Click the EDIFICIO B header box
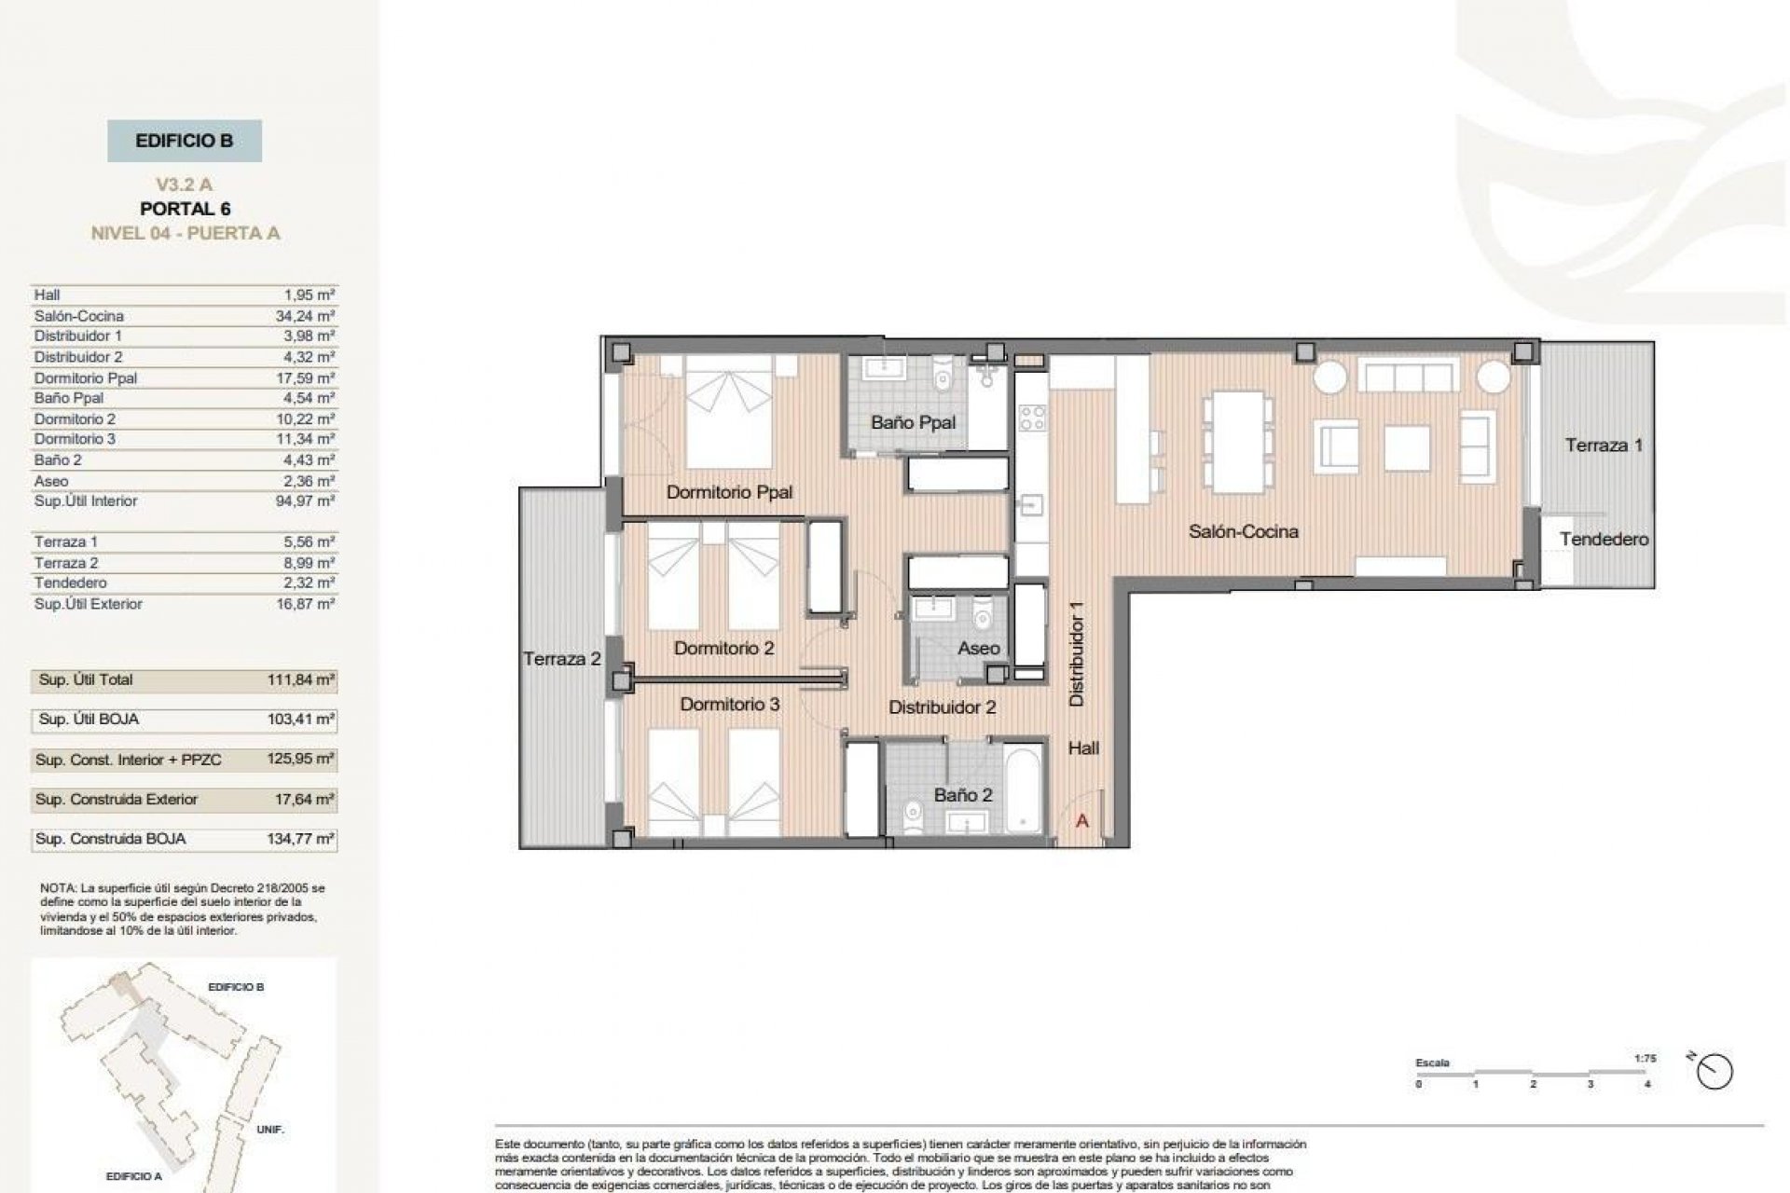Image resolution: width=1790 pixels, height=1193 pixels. [185, 142]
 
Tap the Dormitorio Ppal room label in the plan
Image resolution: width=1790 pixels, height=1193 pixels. [729, 492]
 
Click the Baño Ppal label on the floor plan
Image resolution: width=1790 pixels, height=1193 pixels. [913, 422]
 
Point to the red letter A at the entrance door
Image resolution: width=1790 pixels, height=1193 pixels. [1082, 822]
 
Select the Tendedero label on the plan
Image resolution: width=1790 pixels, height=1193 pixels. [1604, 540]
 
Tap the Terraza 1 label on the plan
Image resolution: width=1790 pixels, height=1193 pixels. [1604, 446]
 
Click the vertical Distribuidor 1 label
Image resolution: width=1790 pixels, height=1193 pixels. [1077, 652]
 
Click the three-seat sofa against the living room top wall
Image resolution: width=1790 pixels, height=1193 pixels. [1408, 377]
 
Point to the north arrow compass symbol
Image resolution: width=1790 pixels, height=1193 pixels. [1714, 1072]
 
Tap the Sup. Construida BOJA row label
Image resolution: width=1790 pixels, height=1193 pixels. [110, 839]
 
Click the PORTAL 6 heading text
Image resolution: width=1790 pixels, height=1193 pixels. [185, 209]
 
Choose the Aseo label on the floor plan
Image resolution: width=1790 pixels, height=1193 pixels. [978, 649]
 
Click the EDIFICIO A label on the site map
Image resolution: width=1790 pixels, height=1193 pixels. [133, 1176]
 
